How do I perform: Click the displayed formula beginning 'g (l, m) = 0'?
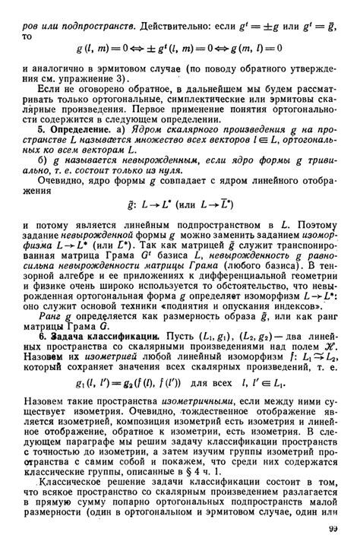[x=179, y=47]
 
